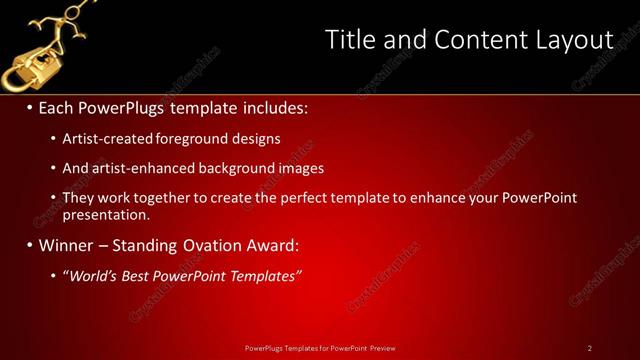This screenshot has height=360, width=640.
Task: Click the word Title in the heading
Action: pyautogui.click(x=349, y=40)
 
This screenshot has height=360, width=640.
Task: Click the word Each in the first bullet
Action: pyautogui.click(x=58, y=106)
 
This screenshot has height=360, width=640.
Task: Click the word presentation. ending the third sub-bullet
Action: pyautogui.click(x=106, y=214)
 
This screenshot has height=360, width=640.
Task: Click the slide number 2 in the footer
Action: pyautogui.click(x=590, y=348)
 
